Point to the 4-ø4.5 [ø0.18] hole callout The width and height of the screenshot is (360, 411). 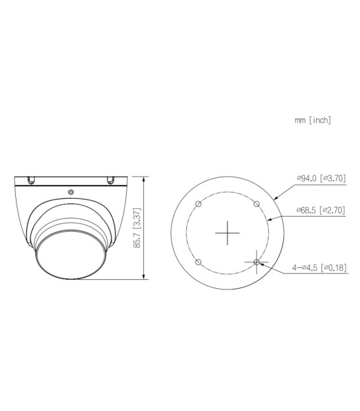coord(318,268)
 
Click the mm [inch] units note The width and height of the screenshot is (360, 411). coord(313,120)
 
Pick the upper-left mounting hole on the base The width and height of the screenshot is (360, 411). coord(198,204)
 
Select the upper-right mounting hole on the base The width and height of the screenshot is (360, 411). coord(256,204)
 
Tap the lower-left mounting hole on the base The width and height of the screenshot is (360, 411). coord(198,262)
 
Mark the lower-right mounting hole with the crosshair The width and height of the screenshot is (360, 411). coord(256,262)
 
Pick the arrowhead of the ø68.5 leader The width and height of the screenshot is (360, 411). coord(270,219)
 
